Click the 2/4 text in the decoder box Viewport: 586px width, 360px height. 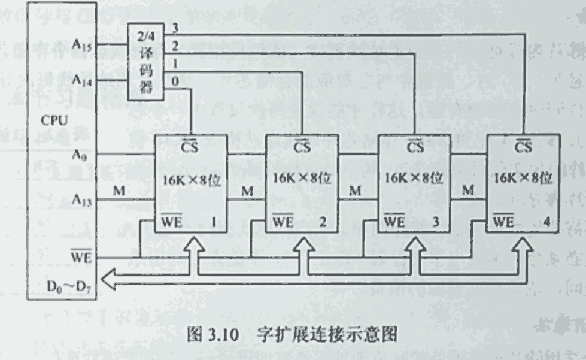[145, 36]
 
